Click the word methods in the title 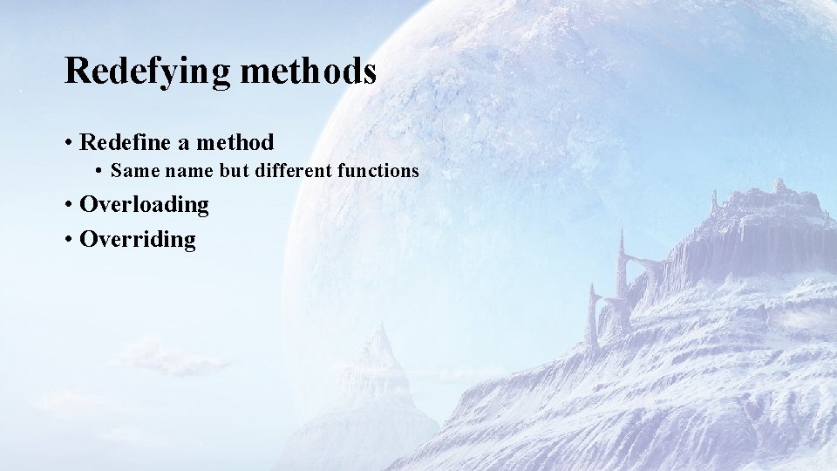(308, 70)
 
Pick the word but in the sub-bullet (234, 171)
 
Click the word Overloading (144, 205)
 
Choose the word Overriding (138, 239)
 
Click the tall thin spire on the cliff (622, 262)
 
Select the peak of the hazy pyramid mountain (378, 326)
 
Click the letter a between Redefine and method (186, 143)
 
